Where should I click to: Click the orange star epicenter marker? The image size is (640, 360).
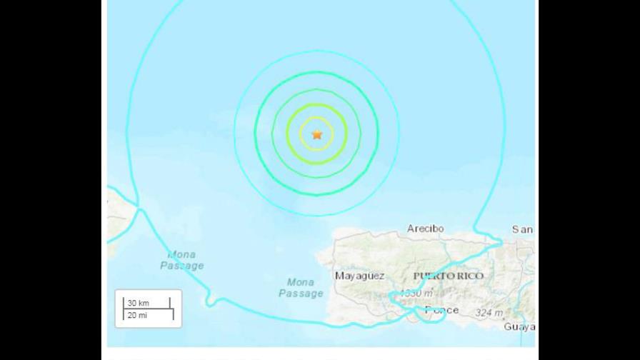[317, 134]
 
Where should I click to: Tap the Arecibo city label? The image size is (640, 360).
[425, 229]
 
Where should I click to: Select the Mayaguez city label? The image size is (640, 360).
[359, 276]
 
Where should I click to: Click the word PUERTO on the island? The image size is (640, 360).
[433, 276]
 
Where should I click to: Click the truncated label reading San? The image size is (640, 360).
[522, 229]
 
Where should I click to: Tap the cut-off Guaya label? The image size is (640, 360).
[519, 326]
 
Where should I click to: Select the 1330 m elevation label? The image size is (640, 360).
[416, 293]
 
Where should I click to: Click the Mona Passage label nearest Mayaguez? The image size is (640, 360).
[301, 287]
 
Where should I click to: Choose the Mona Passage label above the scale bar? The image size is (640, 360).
[185, 260]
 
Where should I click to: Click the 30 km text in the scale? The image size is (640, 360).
[139, 302]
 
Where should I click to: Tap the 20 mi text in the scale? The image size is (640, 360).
[137, 314]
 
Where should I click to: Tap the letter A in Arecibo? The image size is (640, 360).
[411, 229]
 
